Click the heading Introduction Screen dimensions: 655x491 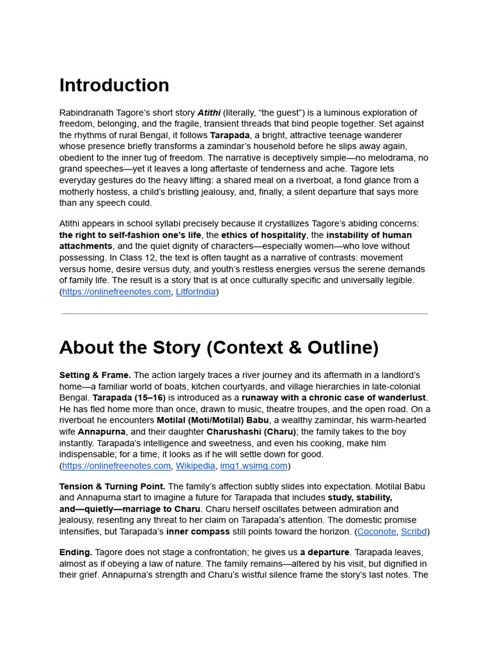point(114,86)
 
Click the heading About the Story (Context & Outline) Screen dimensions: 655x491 point(219,347)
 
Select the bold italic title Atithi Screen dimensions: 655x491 point(209,113)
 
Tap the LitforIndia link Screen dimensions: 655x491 point(196,292)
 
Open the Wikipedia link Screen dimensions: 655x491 point(196,466)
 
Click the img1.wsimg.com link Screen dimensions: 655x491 point(254,466)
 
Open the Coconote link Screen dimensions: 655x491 point(376,532)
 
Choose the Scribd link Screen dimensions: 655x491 point(414,532)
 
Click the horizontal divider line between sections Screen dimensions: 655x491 point(245,314)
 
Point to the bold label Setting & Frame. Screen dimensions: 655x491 point(95,375)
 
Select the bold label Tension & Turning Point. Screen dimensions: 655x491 point(113,487)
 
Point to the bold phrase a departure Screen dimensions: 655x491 point(325,552)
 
